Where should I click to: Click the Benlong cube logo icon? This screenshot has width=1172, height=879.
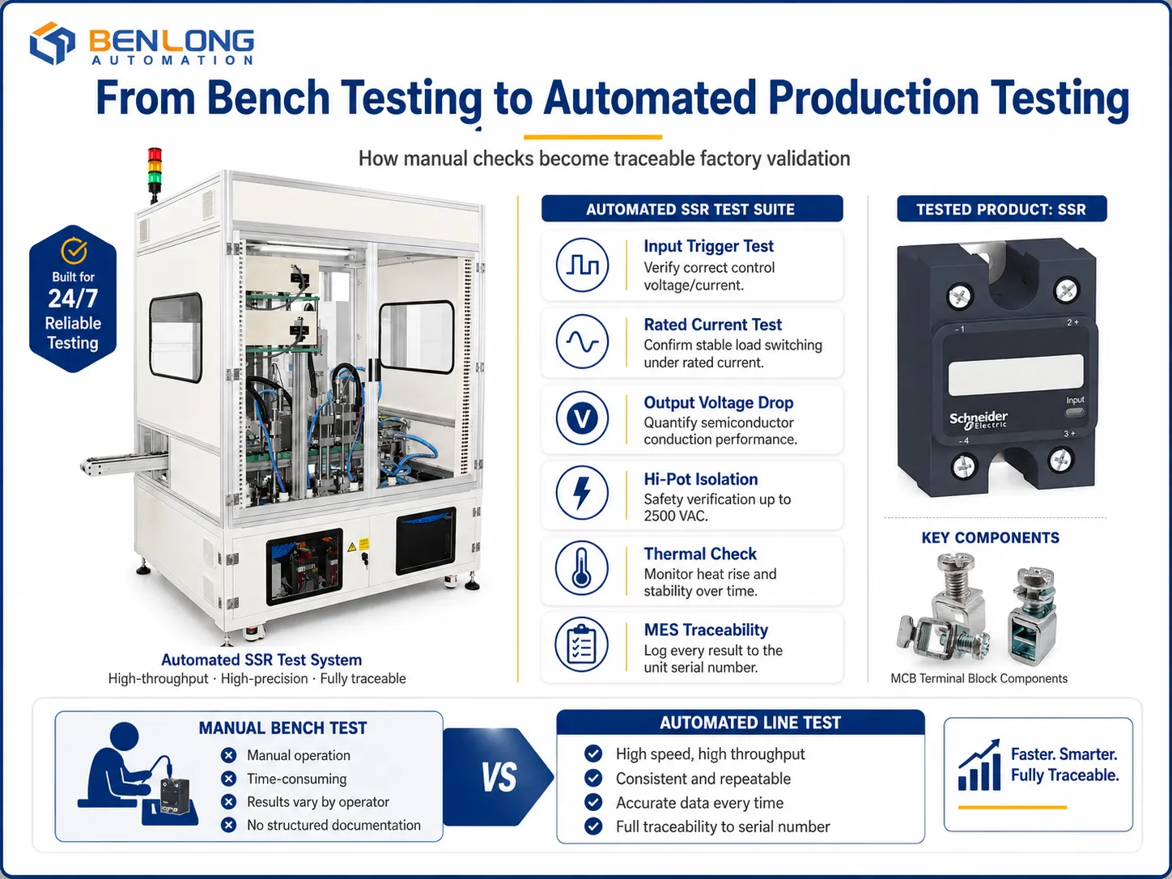point(52,43)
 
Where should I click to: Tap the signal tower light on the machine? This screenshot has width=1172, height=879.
point(155,174)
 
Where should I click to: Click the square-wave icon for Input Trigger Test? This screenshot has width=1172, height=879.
point(582,265)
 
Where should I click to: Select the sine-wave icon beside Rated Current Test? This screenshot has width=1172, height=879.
point(582,342)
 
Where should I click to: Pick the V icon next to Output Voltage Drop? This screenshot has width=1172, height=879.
point(582,418)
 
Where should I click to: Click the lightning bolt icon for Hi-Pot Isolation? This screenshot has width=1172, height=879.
point(582,493)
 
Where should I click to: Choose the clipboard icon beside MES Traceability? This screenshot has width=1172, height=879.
point(581,645)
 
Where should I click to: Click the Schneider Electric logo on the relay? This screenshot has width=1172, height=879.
point(979,421)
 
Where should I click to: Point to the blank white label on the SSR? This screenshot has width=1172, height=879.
point(1016,375)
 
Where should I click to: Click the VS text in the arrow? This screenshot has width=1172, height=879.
point(499,777)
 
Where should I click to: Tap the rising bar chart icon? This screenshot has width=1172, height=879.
point(979,765)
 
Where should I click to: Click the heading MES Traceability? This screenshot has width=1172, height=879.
point(706,630)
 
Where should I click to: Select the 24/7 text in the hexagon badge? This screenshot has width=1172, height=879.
point(73,299)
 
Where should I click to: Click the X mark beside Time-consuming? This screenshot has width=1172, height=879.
point(228,779)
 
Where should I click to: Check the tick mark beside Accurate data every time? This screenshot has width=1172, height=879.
point(592,802)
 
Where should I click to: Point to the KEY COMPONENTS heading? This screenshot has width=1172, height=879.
point(991,537)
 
